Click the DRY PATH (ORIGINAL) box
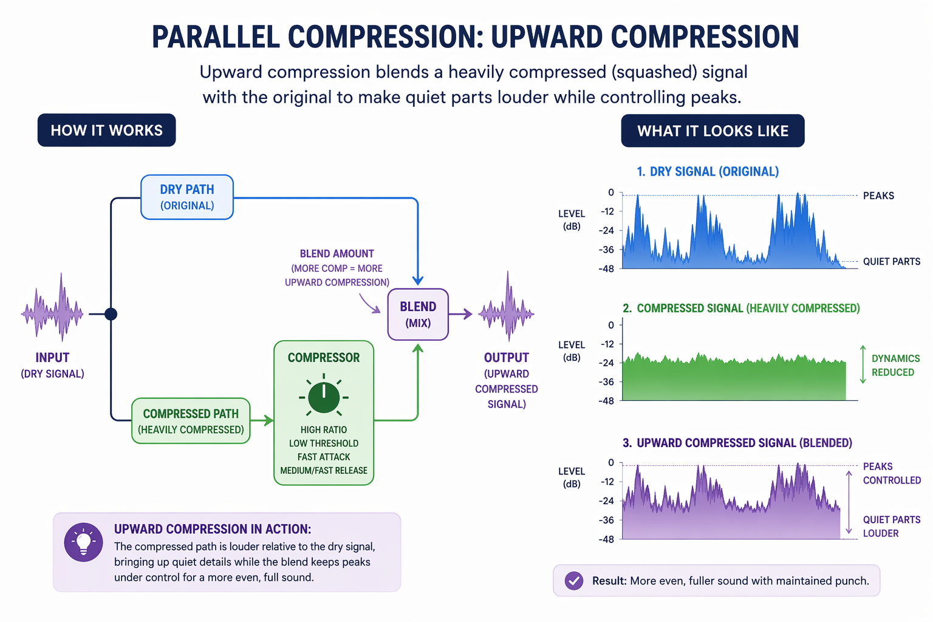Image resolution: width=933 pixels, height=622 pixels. [x=187, y=197]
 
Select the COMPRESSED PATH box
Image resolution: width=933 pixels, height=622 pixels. [x=191, y=421]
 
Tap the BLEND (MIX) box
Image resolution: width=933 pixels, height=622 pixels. [x=418, y=314]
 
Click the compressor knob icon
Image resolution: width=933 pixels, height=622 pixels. [x=324, y=398]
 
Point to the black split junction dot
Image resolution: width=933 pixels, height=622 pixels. [x=111, y=314]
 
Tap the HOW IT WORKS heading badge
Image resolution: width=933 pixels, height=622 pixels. [x=107, y=130]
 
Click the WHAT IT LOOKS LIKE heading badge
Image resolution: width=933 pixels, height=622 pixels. [x=713, y=131]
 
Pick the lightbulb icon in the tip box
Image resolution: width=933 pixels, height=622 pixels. [x=83, y=542]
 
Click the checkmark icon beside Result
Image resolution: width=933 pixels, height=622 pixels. [x=573, y=581]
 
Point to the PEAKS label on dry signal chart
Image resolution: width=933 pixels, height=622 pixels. [x=878, y=196]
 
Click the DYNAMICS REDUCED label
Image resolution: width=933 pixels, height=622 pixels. [x=895, y=365]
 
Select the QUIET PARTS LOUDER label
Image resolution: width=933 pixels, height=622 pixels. [x=891, y=526]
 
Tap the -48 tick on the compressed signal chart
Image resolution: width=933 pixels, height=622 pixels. [x=606, y=401]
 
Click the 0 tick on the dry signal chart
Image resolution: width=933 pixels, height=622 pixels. [x=611, y=193]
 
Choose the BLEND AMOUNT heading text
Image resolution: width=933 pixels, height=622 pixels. [x=337, y=254]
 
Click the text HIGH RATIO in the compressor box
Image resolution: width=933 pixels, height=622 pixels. [x=324, y=429]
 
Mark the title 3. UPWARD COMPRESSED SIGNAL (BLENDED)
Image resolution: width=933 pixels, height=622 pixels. [x=737, y=443]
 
